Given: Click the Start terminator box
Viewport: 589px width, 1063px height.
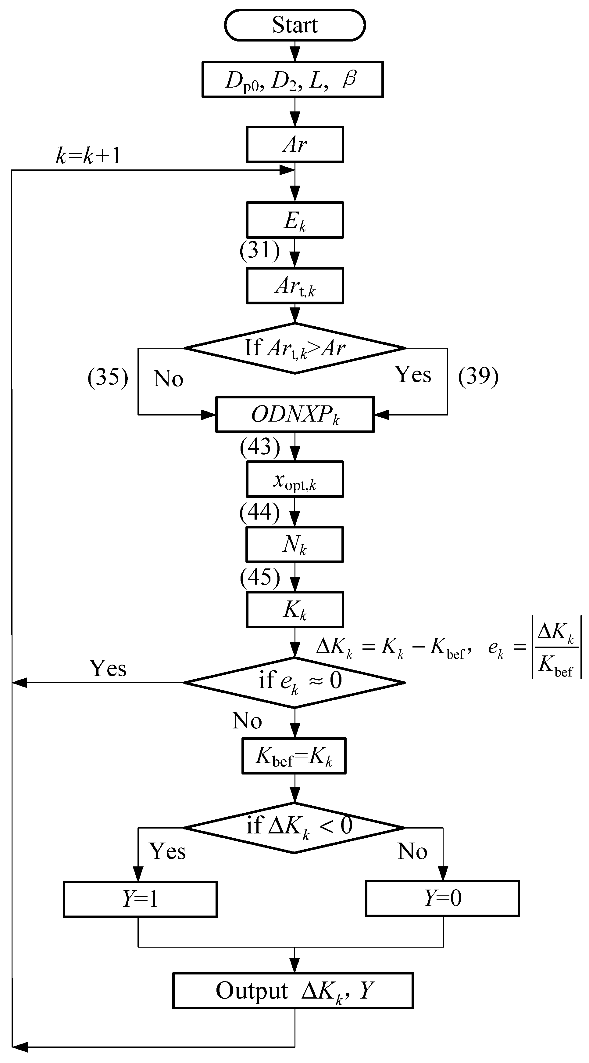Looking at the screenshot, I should point(295,25).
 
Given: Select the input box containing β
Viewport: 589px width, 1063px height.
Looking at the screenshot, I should point(292,79).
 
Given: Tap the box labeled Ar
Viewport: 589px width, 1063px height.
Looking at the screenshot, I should point(295,144).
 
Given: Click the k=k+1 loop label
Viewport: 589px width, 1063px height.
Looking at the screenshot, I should point(88,156).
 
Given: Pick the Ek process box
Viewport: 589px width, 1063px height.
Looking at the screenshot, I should point(295,220).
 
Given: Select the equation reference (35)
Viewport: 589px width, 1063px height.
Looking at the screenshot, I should point(108,377).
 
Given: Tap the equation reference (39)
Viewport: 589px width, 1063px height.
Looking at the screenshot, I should point(478,376).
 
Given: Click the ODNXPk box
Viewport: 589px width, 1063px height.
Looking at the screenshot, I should point(295,414).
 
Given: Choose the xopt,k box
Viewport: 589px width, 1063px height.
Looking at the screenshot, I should point(295,479).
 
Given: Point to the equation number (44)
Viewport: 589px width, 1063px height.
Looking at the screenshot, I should point(260,512).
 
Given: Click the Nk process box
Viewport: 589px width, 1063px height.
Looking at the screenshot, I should point(294,544).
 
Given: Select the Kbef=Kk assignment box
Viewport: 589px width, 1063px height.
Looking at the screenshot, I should point(294,756).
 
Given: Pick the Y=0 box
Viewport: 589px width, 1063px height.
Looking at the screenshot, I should point(442,898).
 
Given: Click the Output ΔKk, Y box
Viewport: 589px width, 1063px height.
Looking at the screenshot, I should point(293,990).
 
